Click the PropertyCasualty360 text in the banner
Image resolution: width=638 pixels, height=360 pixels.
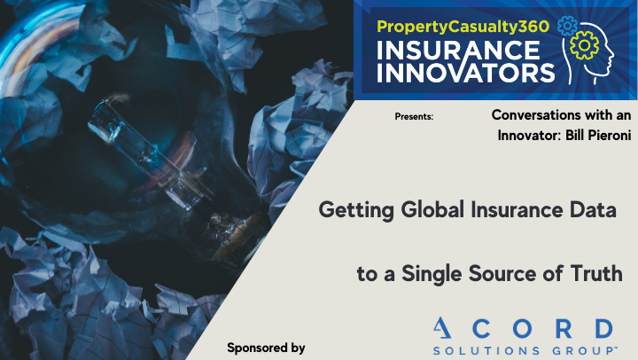(x=463, y=27)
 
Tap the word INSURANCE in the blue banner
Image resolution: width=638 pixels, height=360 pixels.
(x=458, y=51)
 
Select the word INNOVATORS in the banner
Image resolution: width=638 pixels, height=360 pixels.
(x=466, y=73)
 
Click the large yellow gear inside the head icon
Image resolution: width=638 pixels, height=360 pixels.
(x=584, y=45)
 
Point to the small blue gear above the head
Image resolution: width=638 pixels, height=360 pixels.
(x=567, y=26)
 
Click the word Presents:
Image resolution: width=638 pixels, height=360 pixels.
(x=414, y=117)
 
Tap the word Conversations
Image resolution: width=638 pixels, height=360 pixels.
(x=536, y=115)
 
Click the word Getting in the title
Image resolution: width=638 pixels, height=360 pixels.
(x=356, y=210)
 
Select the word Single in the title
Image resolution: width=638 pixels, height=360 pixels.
(x=432, y=274)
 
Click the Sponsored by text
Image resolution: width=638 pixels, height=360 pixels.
(x=266, y=348)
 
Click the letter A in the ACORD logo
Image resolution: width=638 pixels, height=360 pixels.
(x=442, y=328)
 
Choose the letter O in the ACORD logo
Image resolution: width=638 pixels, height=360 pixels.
(x=522, y=328)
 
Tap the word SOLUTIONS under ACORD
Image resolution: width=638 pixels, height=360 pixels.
(x=486, y=350)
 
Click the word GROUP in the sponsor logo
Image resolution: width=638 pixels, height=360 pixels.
(x=583, y=350)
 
